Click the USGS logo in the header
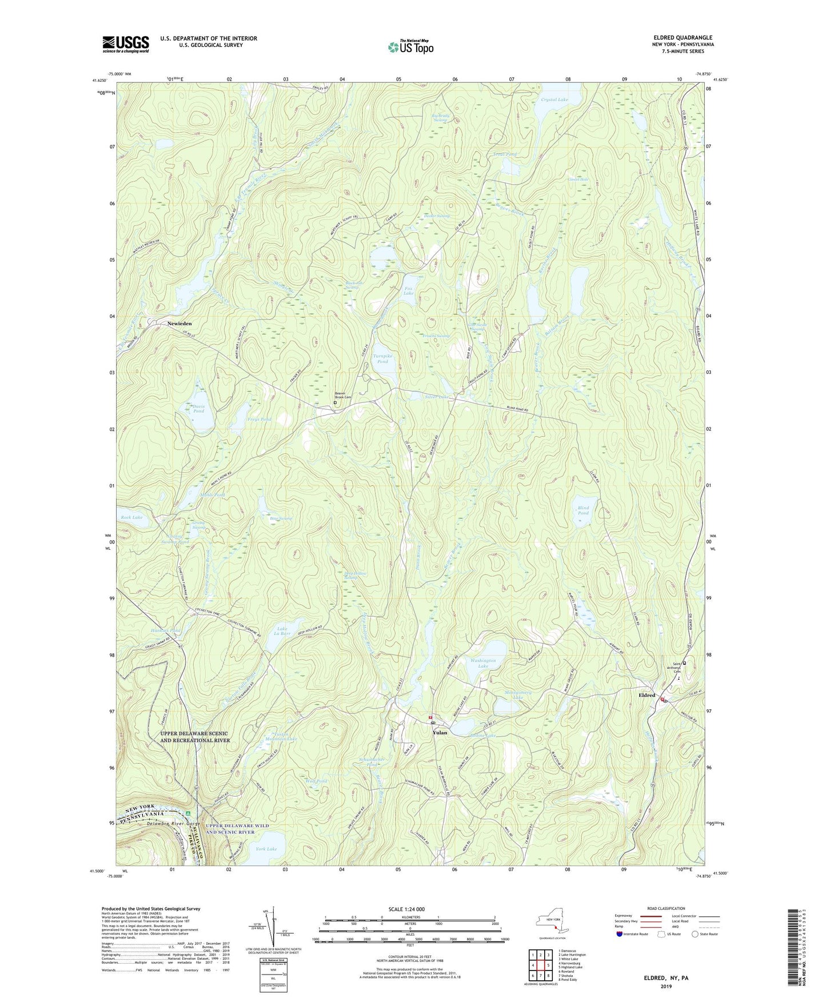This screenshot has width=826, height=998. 126,44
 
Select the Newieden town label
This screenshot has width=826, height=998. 179,324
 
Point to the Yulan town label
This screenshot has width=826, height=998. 440,732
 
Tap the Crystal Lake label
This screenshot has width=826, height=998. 554,100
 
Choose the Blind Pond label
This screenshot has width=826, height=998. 583,510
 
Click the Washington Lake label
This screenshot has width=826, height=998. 483,663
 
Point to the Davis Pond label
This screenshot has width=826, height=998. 198,408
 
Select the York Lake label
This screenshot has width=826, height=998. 266,849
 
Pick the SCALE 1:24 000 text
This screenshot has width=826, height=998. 406,909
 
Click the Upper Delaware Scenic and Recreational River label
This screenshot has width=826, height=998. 194,737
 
